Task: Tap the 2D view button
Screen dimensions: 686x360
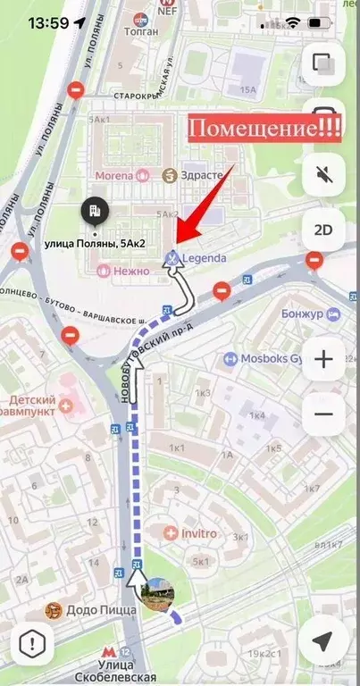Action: coord(323,230)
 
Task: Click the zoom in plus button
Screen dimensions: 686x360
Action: coord(323,360)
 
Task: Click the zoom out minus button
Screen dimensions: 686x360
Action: coord(323,414)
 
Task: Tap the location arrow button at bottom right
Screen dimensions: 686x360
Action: coord(323,640)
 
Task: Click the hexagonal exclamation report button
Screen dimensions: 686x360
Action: coord(35,641)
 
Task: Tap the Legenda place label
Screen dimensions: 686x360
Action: coord(204,259)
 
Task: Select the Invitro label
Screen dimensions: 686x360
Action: coord(198,533)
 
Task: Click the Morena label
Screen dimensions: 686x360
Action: coord(126,174)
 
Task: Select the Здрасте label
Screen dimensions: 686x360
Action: coord(200,174)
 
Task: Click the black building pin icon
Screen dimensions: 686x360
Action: coord(94,213)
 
